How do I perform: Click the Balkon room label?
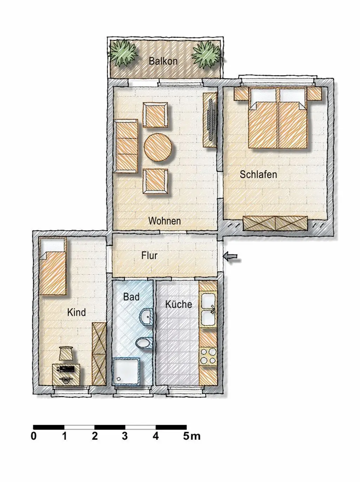click(163, 61)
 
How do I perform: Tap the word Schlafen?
click(258, 174)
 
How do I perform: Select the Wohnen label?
click(165, 221)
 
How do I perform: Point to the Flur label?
click(149, 255)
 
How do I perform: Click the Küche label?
click(179, 304)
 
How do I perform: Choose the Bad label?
click(131, 297)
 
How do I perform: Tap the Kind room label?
click(76, 312)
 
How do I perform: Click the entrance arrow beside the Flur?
click(231, 256)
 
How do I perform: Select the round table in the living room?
click(158, 148)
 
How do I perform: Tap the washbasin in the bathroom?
click(146, 316)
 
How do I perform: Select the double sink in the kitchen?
click(208, 309)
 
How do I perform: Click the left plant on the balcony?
click(122, 53)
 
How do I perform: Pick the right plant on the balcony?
click(206, 54)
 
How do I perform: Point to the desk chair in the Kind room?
click(66, 353)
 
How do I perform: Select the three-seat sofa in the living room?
click(126, 146)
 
